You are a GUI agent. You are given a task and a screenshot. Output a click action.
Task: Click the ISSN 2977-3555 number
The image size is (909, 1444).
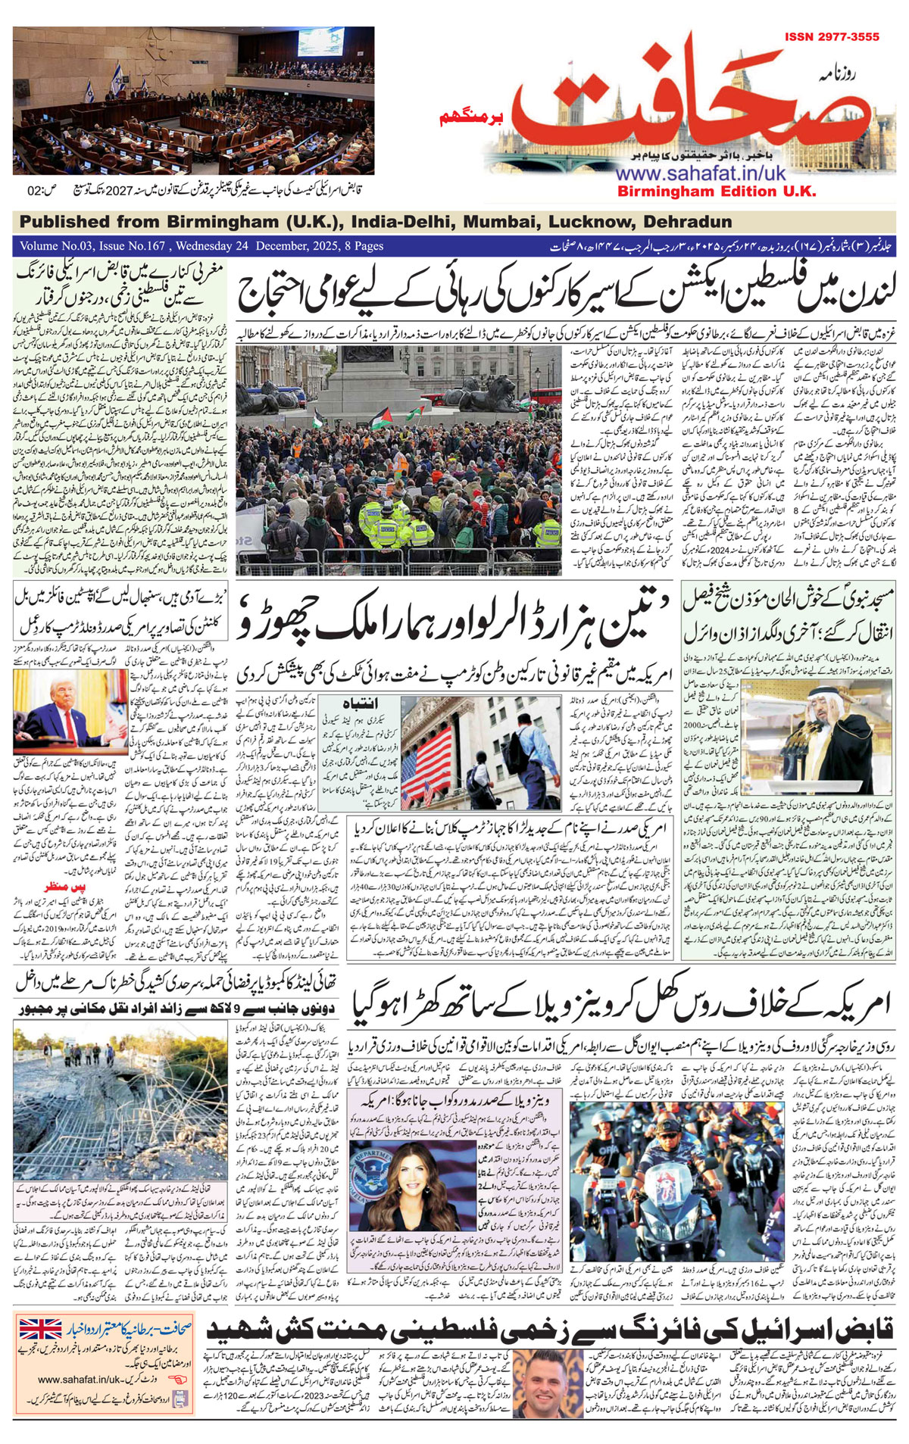pos(831,36)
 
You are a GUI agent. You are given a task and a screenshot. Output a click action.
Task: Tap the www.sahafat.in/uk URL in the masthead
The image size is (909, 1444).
pos(700,173)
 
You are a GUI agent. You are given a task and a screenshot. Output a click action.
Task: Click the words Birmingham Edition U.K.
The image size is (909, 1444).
pos(717,192)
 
